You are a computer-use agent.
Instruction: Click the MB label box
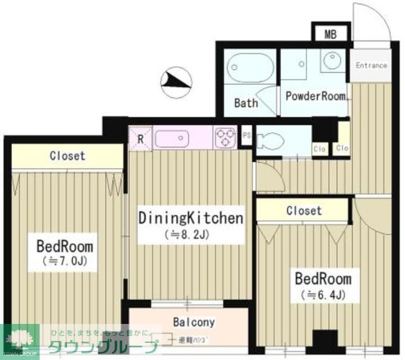click(x=330, y=34)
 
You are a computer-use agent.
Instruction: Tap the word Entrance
click(x=371, y=65)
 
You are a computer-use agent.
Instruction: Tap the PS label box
click(x=247, y=135)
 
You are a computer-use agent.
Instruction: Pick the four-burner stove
click(x=225, y=137)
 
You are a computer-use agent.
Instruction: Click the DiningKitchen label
click(x=190, y=219)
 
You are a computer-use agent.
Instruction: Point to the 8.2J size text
click(x=190, y=235)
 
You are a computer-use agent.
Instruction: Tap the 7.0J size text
click(x=65, y=261)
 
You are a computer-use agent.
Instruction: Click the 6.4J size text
click(x=321, y=294)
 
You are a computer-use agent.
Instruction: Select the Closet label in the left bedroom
click(x=68, y=156)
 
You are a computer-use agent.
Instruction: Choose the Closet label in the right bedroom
click(x=304, y=211)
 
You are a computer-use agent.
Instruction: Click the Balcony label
click(x=194, y=322)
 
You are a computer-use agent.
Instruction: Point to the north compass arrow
click(x=176, y=80)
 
